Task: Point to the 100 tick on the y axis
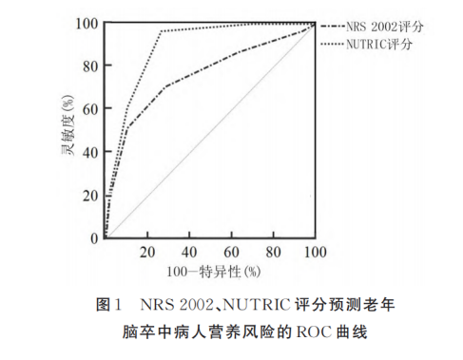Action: click(x=86, y=23)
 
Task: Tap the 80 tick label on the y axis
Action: click(x=89, y=66)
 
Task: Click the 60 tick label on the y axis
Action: click(x=89, y=109)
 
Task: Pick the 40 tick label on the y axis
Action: click(x=89, y=152)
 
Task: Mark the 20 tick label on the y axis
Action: click(x=89, y=196)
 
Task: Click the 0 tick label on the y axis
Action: click(x=93, y=237)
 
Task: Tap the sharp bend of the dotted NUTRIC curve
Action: click(x=160, y=31)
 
